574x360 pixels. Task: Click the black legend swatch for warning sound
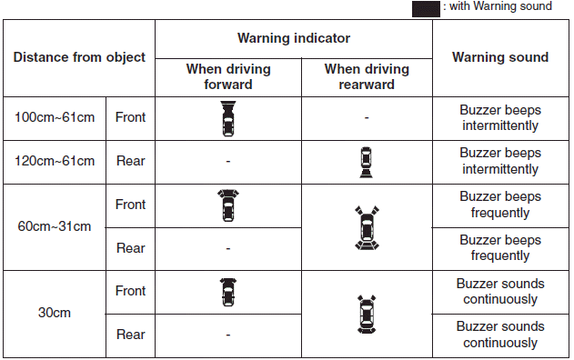(x=426, y=9)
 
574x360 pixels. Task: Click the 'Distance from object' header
(x=79, y=57)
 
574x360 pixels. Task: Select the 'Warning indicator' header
(x=294, y=38)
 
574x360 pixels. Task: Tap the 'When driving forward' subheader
(x=228, y=76)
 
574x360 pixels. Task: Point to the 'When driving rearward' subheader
(x=367, y=76)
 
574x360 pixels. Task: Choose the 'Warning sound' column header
(x=500, y=57)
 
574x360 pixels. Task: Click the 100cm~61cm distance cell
(x=55, y=117)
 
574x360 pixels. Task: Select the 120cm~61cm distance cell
(x=55, y=161)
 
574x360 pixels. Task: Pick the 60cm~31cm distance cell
(x=55, y=226)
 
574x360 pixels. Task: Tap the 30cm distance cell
(x=55, y=313)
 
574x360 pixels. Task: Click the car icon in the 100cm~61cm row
(x=228, y=118)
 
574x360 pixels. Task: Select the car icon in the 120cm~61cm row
(x=366, y=163)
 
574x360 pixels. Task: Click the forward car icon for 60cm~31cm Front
(x=228, y=205)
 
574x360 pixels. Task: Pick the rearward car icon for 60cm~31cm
(x=367, y=227)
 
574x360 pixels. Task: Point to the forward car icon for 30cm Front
(x=228, y=292)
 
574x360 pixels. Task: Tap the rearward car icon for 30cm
(x=367, y=315)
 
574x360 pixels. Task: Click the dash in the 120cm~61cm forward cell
(x=228, y=161)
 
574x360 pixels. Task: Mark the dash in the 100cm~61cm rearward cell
(x=367, y=118)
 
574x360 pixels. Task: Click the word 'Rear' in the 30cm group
(x=131, y=335)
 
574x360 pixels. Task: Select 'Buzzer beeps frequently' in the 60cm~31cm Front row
(x=500, y=205)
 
